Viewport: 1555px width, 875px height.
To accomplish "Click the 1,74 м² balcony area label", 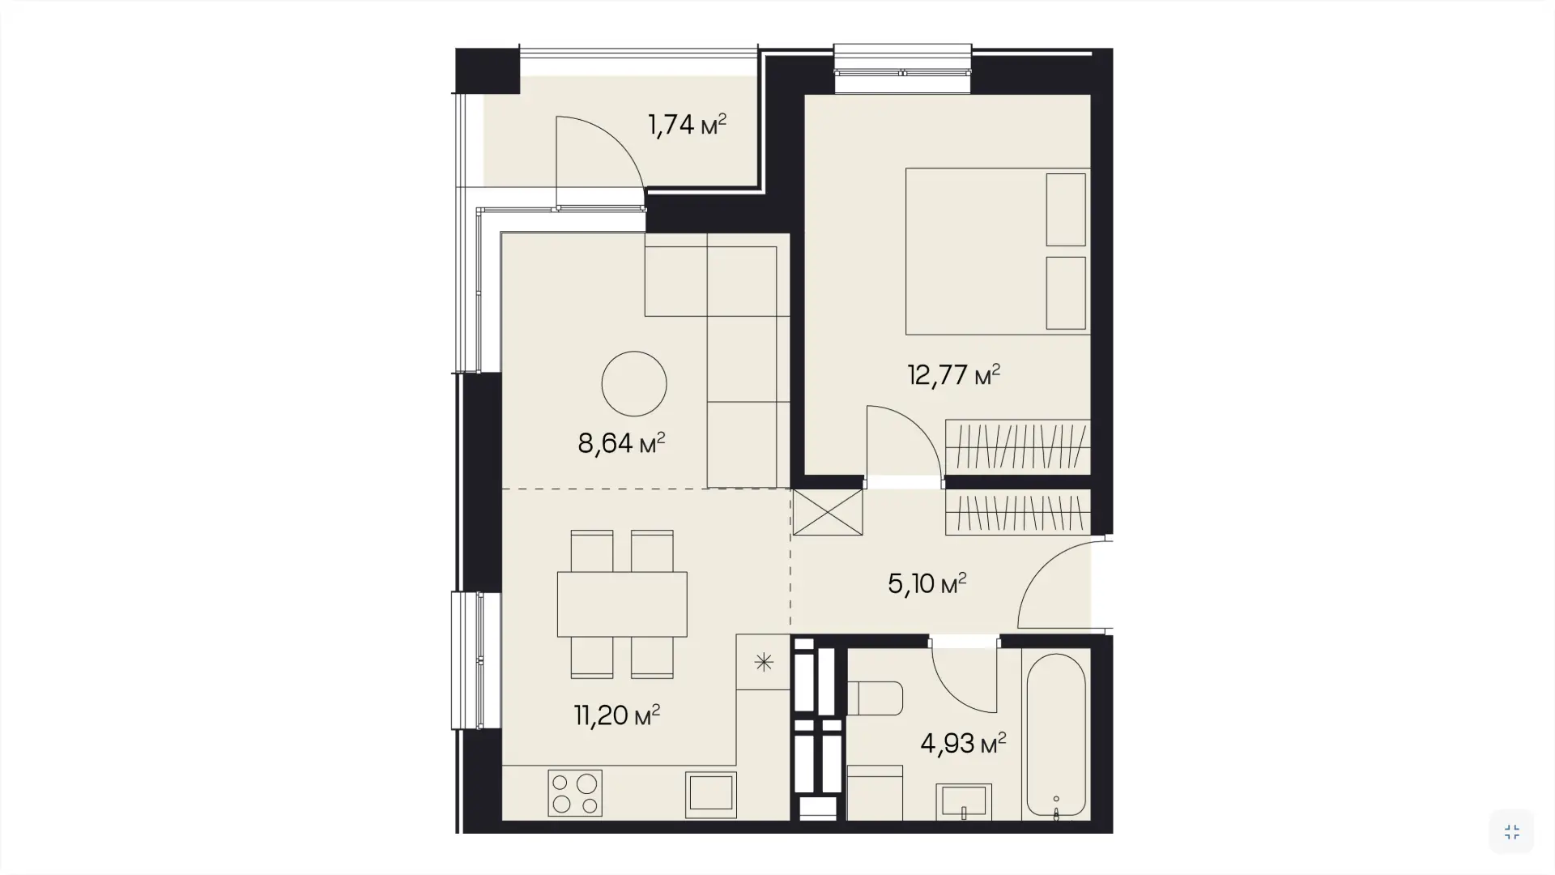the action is pyautogui.click(x=687, y=125).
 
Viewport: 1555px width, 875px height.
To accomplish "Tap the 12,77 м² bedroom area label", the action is pyautogui.click(x=953, y=375).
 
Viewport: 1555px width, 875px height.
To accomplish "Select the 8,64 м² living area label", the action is pyautogui.click(x=621, y=443).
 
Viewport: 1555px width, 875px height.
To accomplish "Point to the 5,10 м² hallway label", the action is pyautogui.click(x=927, y=583).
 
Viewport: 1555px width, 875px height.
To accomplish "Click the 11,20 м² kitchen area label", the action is pyautogui.click(x=617, y=715).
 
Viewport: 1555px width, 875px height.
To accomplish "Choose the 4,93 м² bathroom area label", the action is pyautogui.click(x=963, y=743).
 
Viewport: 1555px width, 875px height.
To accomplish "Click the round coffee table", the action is pyautogui.click(x=634, y=384).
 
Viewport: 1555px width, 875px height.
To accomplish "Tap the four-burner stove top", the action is pyautogui.click(x=575, y=793).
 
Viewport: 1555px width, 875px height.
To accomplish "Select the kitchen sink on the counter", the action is pyautogui.click(x=711, y=795).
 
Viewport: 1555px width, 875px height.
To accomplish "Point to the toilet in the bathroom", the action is pyautogui.click(x=875, y=698).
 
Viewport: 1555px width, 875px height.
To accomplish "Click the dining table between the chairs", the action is pyautogui.click(x=622, y=604).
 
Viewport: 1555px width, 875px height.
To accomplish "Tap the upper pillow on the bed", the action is pyautogui.click(x=1066, y=210).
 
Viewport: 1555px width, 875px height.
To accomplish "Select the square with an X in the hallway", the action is pyautogui.click(x=828, y=512).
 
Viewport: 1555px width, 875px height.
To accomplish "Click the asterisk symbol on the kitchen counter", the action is pyautogui.click(x=764, y=663).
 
